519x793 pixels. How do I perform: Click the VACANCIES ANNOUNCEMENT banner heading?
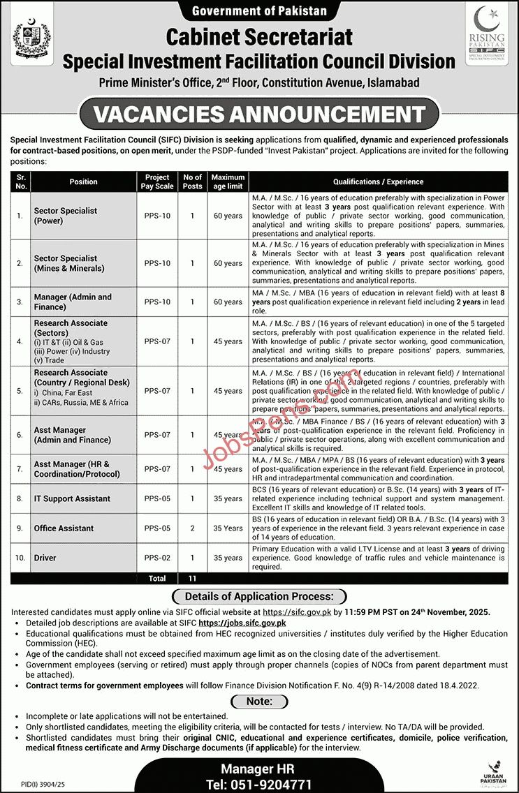tap(259, 113)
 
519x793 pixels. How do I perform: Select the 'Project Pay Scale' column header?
tap(158, 181)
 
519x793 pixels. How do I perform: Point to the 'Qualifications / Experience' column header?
tap(378, 181)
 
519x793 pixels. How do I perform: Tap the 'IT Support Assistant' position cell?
tap(72, 498)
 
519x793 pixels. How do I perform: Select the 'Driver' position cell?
tap(45, 558)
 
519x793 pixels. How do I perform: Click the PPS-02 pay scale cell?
tap(158, 558)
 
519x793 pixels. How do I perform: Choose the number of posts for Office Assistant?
tap(192, 528)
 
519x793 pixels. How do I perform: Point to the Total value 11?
tap(192, 579)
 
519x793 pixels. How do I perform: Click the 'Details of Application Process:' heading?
tap(259, 597)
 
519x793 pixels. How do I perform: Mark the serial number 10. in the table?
tap(20, 558)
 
